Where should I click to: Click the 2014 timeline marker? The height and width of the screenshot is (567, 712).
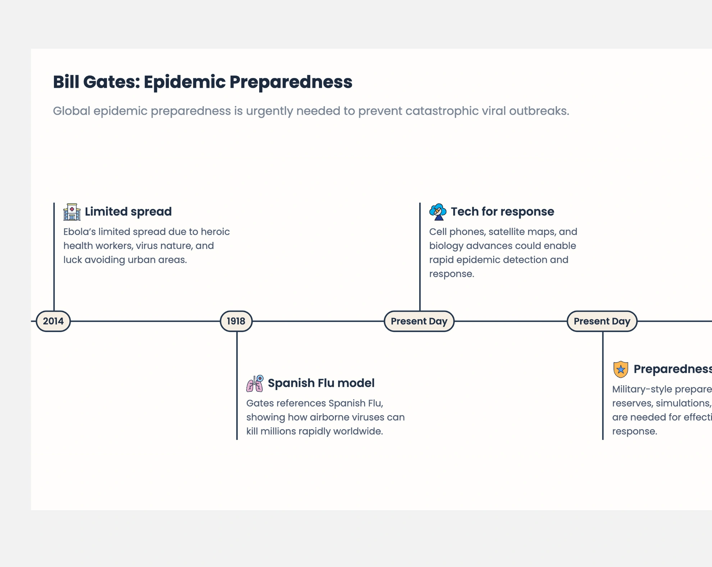click(53, 321)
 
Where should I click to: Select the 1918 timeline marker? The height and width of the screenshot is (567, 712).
click(236, 321)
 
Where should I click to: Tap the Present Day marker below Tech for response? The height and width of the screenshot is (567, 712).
click(419, 321)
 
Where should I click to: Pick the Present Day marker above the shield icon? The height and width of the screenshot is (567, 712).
click(602, 321)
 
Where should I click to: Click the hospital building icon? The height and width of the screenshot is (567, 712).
click(72, 212)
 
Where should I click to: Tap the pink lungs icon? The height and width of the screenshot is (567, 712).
click(255, 383)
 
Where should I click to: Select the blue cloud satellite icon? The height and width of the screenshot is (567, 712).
click(438, 212)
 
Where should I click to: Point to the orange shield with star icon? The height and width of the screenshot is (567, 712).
click(621, 369)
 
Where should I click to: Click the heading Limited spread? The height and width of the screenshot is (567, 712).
click(128, 212)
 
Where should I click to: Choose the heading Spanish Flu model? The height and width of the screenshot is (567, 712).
click(321, 383)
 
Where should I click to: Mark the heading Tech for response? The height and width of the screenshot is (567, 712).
click(502, 212)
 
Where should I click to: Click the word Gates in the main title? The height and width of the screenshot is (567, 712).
click(111, 82)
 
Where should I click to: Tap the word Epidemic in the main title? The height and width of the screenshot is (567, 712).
click(184, 82)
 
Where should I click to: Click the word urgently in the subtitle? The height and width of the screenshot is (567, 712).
click(269, 111)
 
